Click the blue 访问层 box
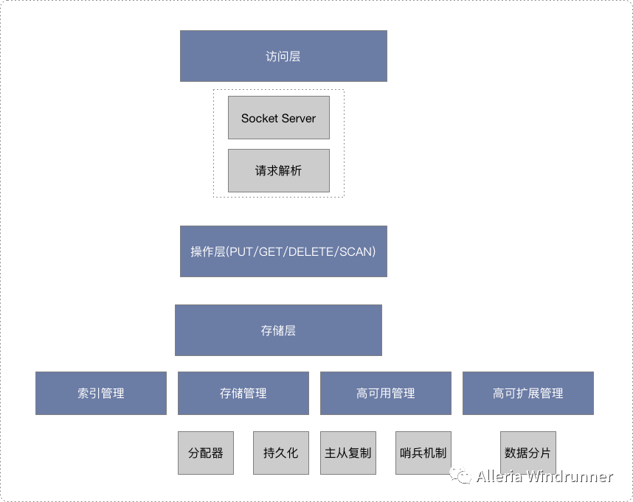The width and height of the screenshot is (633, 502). pyautogui.click(x=283, y=56)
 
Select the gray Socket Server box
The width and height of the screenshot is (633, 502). pyautogui.click(x=278, y=118)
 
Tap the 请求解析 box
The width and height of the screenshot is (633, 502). pyautogui.click(x=278, y=170)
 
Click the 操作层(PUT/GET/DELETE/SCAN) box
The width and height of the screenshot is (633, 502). pyautogui.click(x=283, y=251)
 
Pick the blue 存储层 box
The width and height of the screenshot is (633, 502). pyautogui.click(x=278, y=330)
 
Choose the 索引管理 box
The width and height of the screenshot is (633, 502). pyautogui.click(x=101, y=393)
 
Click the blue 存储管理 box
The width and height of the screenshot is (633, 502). pyautogui.click(x=243, y=393)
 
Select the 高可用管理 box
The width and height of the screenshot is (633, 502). pyautogui.click(x=385, y=393)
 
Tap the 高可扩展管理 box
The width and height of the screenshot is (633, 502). pyautogui.click(x=527, y=393)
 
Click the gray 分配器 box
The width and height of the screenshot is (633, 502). pyautogui.click(x=206, y=453)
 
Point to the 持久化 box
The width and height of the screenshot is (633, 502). pyautogui.click(x=280, y=453)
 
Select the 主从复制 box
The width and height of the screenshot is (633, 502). pyautogui.click(x=348, y=453)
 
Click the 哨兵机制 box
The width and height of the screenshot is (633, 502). pyautogui.click(x=423, y=453)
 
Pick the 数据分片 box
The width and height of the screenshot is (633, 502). pyautogui.click(x=527, y=453)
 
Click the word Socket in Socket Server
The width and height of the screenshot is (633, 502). pyautogui.click(x=259, y=118)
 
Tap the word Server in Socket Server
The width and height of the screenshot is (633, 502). pyautogui.click(x=298, y=118)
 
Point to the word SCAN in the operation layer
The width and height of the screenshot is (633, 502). pyautogui.click(x=356, y=251)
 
